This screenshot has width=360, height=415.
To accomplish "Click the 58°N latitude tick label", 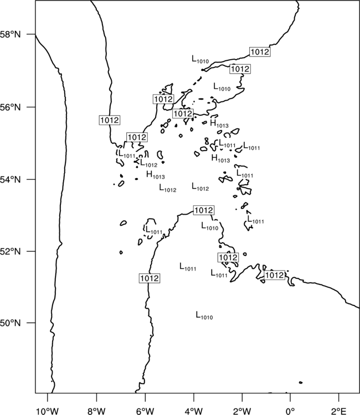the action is pos(11,34).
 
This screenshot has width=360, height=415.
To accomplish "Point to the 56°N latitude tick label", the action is pos(11,107).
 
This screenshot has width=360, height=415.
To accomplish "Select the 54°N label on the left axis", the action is pos(11,180).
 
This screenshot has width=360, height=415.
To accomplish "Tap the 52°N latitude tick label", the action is pos(11,251).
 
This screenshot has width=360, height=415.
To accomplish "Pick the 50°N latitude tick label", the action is pos(11,323).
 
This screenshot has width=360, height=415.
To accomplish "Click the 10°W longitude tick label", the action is pos(48,411).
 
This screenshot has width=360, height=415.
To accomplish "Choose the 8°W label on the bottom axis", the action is pos(96,411).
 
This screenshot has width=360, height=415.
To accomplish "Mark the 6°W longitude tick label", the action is pos(145,411).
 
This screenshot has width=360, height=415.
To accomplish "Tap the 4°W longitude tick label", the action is pos(194,411).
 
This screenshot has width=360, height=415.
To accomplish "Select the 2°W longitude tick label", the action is pos(242,411).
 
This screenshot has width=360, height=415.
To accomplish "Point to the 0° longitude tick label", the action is pos(290,411).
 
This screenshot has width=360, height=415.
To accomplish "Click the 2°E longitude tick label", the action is pos(339,411).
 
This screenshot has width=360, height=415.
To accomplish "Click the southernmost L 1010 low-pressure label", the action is pos(204,315).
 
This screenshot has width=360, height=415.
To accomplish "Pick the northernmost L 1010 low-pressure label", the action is pos(200,60).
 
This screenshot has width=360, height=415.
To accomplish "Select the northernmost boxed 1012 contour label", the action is pos(260,52).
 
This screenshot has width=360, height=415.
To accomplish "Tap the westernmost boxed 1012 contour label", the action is pos(110,120).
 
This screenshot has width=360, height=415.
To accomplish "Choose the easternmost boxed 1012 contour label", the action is pos(275,275).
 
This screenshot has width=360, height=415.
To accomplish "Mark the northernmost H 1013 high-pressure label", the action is pos(219,123).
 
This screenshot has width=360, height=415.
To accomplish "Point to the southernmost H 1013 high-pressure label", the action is pos(156,175).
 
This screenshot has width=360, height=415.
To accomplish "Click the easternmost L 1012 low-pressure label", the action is pos(200,187).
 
